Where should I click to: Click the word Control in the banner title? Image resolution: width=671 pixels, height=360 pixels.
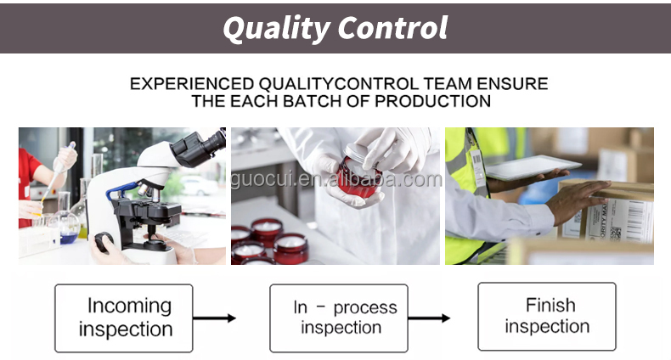point(392,28)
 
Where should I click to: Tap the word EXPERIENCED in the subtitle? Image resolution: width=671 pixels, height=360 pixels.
point(191,84)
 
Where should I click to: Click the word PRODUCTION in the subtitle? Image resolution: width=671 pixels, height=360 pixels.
point(433,101)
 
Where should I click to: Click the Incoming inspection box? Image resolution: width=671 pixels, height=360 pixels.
point(124,318)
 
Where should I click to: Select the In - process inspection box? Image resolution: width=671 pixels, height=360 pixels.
point(339,318)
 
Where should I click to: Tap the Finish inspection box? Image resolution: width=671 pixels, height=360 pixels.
point(546,316)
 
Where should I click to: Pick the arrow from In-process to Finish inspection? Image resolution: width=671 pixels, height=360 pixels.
point(429,318)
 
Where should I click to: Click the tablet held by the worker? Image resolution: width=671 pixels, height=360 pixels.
point(532,167)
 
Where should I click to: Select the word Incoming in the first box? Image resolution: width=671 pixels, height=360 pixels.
point(129,306)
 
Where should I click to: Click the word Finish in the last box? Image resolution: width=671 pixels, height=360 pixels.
point(550,305)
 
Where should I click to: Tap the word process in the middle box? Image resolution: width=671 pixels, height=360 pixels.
point(364,307)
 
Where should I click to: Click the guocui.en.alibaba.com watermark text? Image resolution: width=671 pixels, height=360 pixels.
point(337,180)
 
